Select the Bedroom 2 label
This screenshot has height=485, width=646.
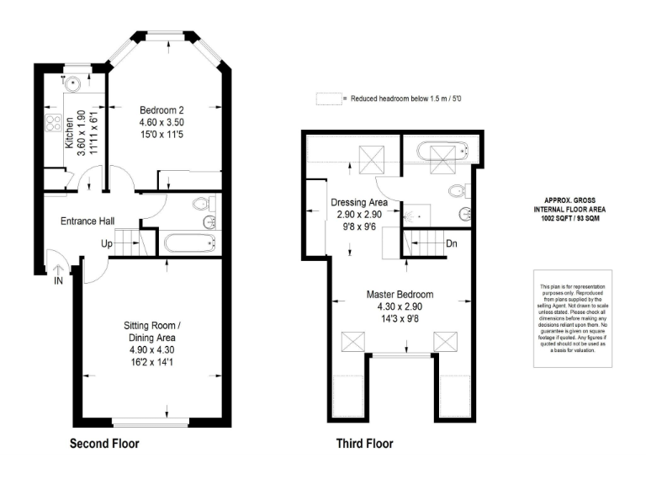tap(161, 109)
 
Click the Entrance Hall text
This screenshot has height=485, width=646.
tap(87, 221)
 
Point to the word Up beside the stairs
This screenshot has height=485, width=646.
tap(107, 243)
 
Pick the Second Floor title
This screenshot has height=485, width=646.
tap(104, 443)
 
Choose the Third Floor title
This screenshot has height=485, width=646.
tap(364, 443)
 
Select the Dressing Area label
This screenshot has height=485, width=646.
tap(359, 203)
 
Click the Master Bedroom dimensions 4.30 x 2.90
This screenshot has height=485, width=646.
tap(400, 307)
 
